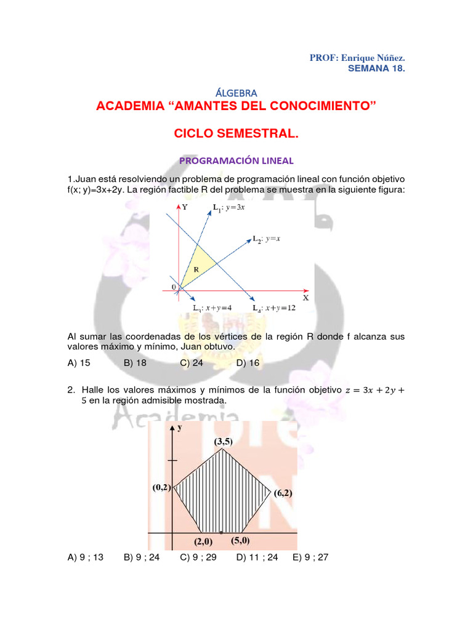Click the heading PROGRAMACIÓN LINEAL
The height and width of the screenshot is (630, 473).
click(236, 161)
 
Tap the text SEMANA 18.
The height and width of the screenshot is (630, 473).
click(376, 68)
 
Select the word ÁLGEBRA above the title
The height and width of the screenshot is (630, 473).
click(236, 93)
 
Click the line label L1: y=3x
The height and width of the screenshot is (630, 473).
click(229, 207)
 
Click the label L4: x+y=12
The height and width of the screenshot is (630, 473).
click(274, 308)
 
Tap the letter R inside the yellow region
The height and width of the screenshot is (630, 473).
click(196, 269)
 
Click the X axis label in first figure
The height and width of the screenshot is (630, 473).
click(305, 298)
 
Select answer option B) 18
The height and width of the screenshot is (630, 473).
click(135, 363)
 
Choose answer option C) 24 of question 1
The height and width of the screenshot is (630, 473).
click(192, 363)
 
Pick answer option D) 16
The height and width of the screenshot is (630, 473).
click(248, 363)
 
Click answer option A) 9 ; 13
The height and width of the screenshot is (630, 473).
click(85, 557)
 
